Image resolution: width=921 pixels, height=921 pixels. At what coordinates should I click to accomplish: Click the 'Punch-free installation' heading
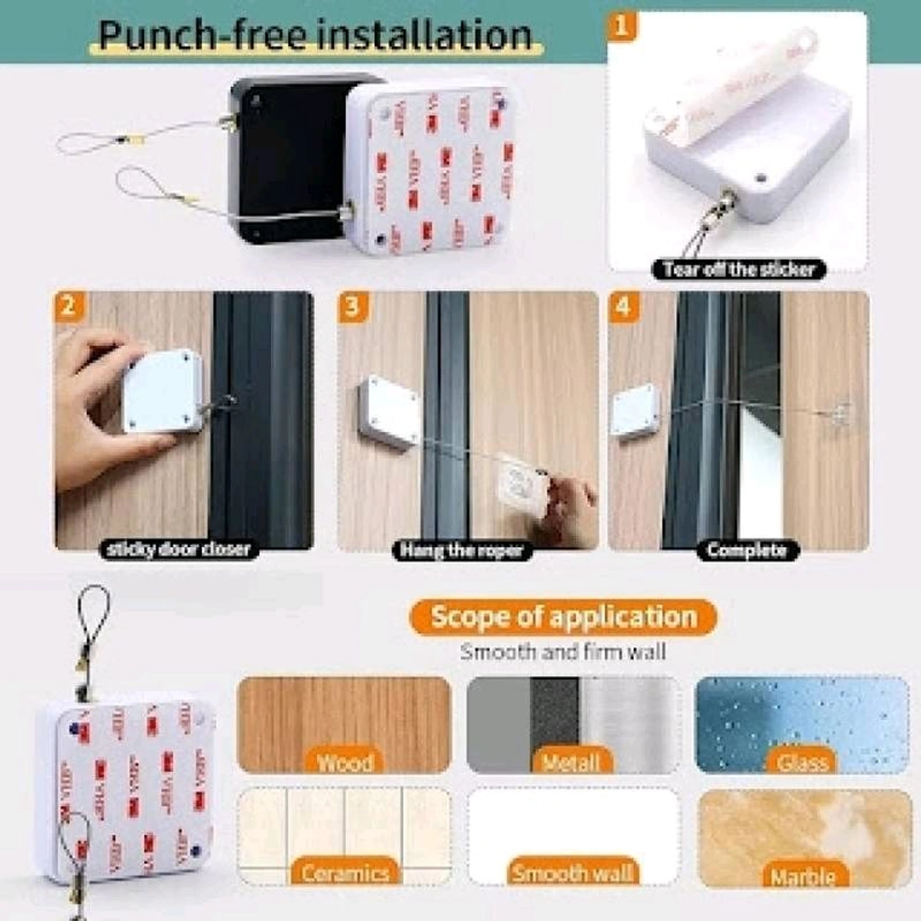coord(315,36)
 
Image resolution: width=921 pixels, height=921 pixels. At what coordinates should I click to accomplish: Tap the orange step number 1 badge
coord(622,27)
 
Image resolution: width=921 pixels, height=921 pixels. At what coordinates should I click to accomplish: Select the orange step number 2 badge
coord(69,306)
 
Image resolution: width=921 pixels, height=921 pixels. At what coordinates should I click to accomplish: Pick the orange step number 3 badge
coord(353,306)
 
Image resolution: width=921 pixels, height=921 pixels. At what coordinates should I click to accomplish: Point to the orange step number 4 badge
coord(623,306)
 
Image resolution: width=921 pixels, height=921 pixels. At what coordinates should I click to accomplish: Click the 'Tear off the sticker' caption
coord(738,269)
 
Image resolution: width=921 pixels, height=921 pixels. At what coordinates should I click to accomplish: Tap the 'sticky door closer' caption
coord(179,550)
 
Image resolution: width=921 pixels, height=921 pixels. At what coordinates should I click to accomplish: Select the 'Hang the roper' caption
coord(462,550)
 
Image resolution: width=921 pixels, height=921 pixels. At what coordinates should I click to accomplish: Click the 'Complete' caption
coord(746,550)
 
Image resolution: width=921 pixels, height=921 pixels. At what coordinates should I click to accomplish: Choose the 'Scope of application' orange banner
coord(563,617)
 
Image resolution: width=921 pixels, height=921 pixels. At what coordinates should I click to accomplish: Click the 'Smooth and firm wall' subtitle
coord(563,653)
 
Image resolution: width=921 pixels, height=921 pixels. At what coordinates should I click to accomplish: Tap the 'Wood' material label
coord(345,762)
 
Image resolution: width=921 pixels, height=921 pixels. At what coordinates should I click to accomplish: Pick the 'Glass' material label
coord(802,762)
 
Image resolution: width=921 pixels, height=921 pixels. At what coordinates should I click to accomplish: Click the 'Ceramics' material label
coord(345,873)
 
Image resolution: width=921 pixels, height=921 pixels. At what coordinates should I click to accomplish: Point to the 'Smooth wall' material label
coord(573,873)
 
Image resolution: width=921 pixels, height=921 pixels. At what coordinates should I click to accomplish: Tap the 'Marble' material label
coord(803,876)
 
